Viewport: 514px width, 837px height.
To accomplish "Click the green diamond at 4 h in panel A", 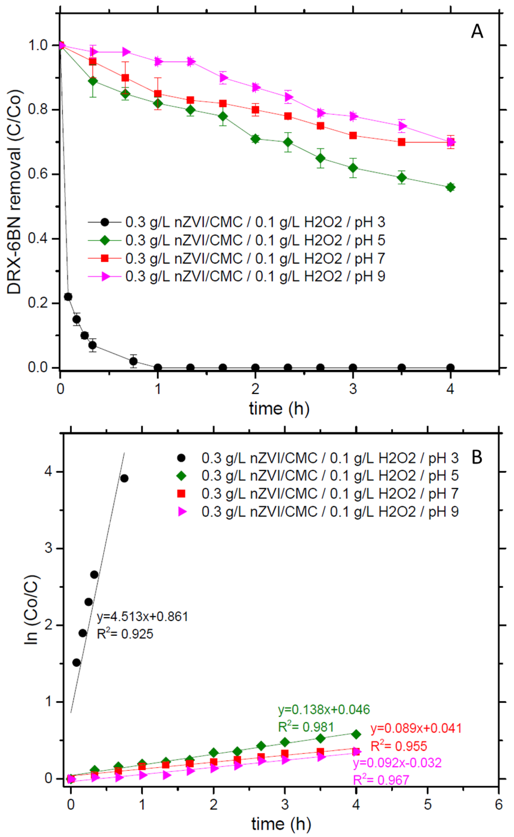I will [x=450, y=187].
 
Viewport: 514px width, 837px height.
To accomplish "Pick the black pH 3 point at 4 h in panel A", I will [x=450, y=368].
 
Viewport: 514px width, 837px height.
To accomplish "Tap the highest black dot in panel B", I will [x=124, y=478].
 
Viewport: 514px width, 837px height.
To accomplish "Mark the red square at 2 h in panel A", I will [x=255, y=110].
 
